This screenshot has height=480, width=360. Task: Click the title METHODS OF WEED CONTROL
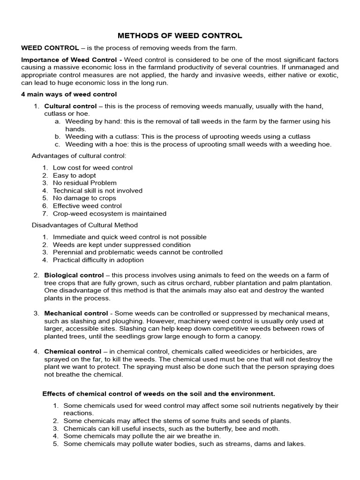click(x=180, y=36)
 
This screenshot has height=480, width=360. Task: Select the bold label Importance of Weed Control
click(x=68, y=60)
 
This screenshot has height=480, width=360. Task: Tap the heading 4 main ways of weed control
click(x=68, y=94)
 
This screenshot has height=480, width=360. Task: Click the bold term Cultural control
click(x=70, y=106)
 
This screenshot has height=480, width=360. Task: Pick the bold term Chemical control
click(x=73, y=352)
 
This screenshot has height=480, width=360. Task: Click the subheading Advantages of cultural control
click(x=79, y=156)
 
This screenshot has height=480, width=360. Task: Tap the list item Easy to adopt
click(x=74, y=175)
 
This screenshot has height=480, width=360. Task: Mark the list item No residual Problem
click(x=84, y=183)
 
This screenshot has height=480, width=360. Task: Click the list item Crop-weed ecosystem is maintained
click(x=109, y=214)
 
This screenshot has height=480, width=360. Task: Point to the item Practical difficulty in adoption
click(x=98, y=260)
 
